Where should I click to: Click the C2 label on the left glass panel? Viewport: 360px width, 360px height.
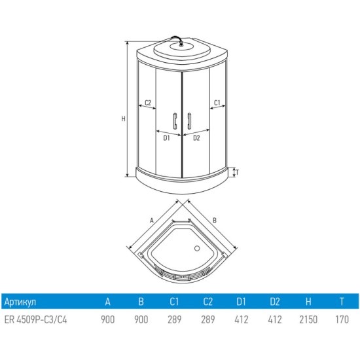[x=148, y=102]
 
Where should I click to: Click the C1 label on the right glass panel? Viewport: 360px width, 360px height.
[x=217, y=103]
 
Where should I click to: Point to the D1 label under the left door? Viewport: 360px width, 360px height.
[x=166, y=138]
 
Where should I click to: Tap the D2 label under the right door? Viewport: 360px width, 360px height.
[x=196, y=138]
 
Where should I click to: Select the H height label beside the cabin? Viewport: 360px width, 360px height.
[x=124, y=118]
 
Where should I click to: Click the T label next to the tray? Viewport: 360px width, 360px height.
[x=237, y=172]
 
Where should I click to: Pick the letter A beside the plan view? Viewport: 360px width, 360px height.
[x=152, y=221]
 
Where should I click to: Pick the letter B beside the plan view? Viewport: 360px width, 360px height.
[x=215, y=221]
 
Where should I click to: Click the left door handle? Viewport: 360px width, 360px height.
[x=175, y=121]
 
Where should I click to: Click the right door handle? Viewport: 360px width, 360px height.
[x=189, y=121]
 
